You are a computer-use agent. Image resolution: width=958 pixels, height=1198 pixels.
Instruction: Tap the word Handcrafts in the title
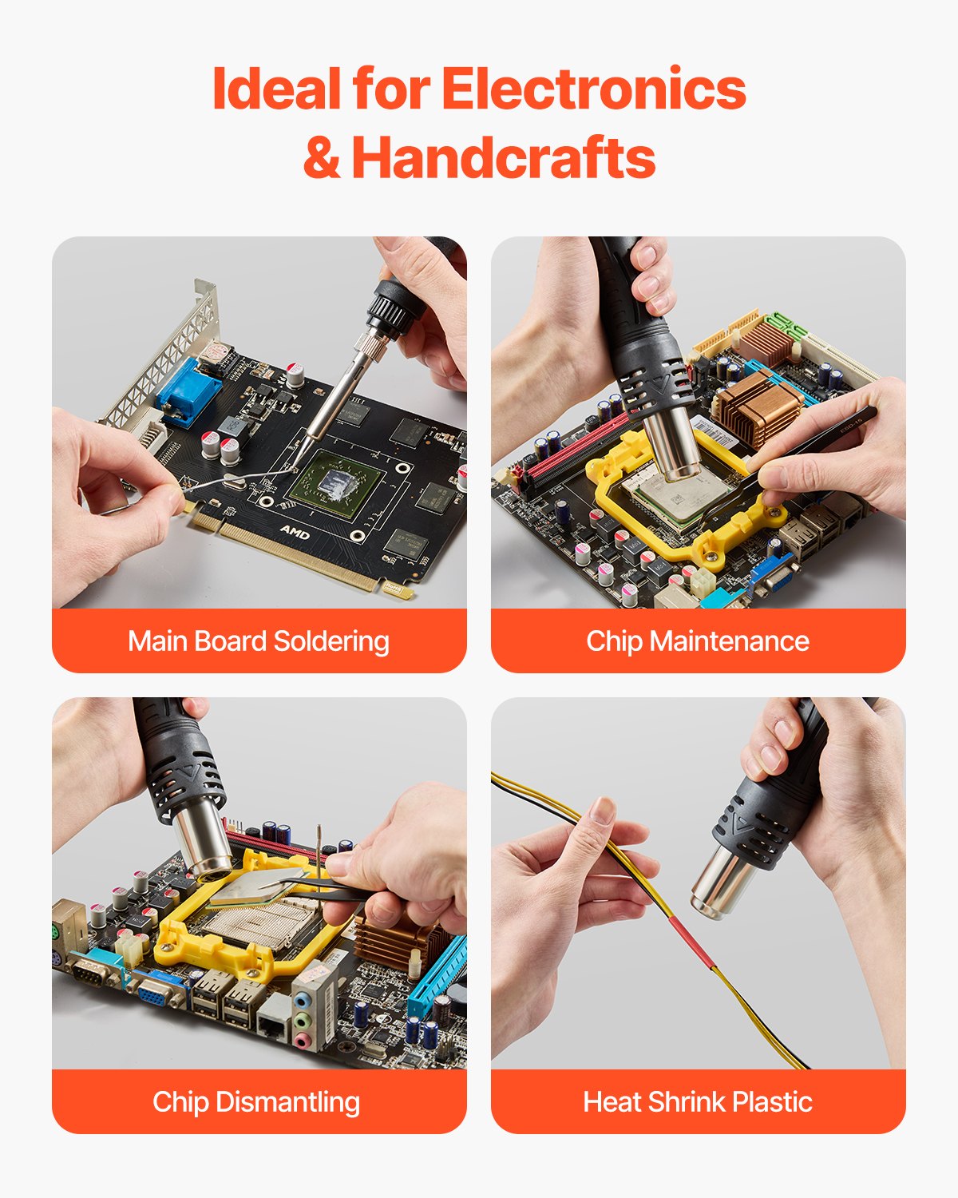[504, 157]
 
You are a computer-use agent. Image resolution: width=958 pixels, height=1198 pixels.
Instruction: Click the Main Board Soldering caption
[259, 641]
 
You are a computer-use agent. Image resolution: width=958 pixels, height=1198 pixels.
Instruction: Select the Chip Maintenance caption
[698, 641]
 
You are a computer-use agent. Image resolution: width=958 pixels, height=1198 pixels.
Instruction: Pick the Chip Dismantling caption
[256, 1102]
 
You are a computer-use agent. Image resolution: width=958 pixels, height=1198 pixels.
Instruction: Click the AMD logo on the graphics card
[295, 531]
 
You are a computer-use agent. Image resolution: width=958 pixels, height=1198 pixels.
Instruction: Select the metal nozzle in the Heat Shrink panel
[720, 881]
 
